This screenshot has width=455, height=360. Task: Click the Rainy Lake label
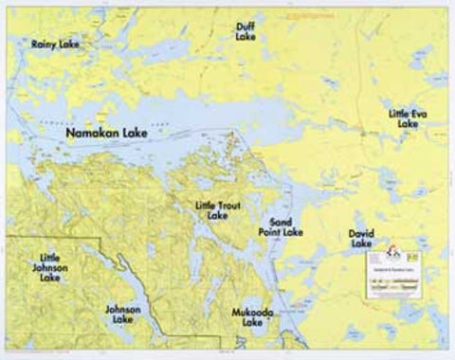pyautogui.click(x=55, y=44)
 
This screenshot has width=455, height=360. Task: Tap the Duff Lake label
pyautogui.click(x=246, y=31)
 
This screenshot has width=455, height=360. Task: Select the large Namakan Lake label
pyautogui.click(x=107, y=136)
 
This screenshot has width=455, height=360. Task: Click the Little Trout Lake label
pyautogui.click(x=217, y=209)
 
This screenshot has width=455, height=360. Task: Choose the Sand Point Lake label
pyautogui.click(x=281, y=225)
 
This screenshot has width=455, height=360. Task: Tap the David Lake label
pyautogui.click(x=361, y=238)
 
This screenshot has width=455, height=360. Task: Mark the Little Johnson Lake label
pyautogui.click(x=50, y=267)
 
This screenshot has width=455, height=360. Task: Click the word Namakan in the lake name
pyautogui.click(x=92, y=136)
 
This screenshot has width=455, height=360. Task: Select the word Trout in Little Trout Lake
pyautogui.click(x=230, y=205)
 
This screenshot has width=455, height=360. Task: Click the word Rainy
pyautogui.click(x=44, y=44)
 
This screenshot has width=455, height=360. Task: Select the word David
pyautogui.click(x=361, y=232)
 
